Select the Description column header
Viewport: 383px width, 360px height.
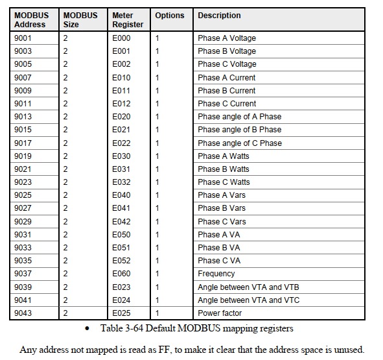tap(219, 16)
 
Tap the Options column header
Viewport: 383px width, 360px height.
tap(169, 16)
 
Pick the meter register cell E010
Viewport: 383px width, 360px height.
tap(121, 78)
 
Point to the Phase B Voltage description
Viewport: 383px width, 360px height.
tap(227, 51)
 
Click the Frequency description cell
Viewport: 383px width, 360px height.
tap(216, 274)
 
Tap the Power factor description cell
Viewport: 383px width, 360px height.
tap(220, 313)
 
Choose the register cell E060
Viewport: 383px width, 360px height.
tap(121, 274)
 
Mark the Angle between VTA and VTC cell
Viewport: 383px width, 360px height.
tap(248, 300)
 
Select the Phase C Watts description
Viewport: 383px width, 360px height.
tap(224, 182)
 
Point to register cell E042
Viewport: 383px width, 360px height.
tap(121, 221)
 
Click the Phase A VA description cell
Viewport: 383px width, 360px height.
tap(220, 235)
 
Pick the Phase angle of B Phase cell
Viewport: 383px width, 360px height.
tap(240, 130)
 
